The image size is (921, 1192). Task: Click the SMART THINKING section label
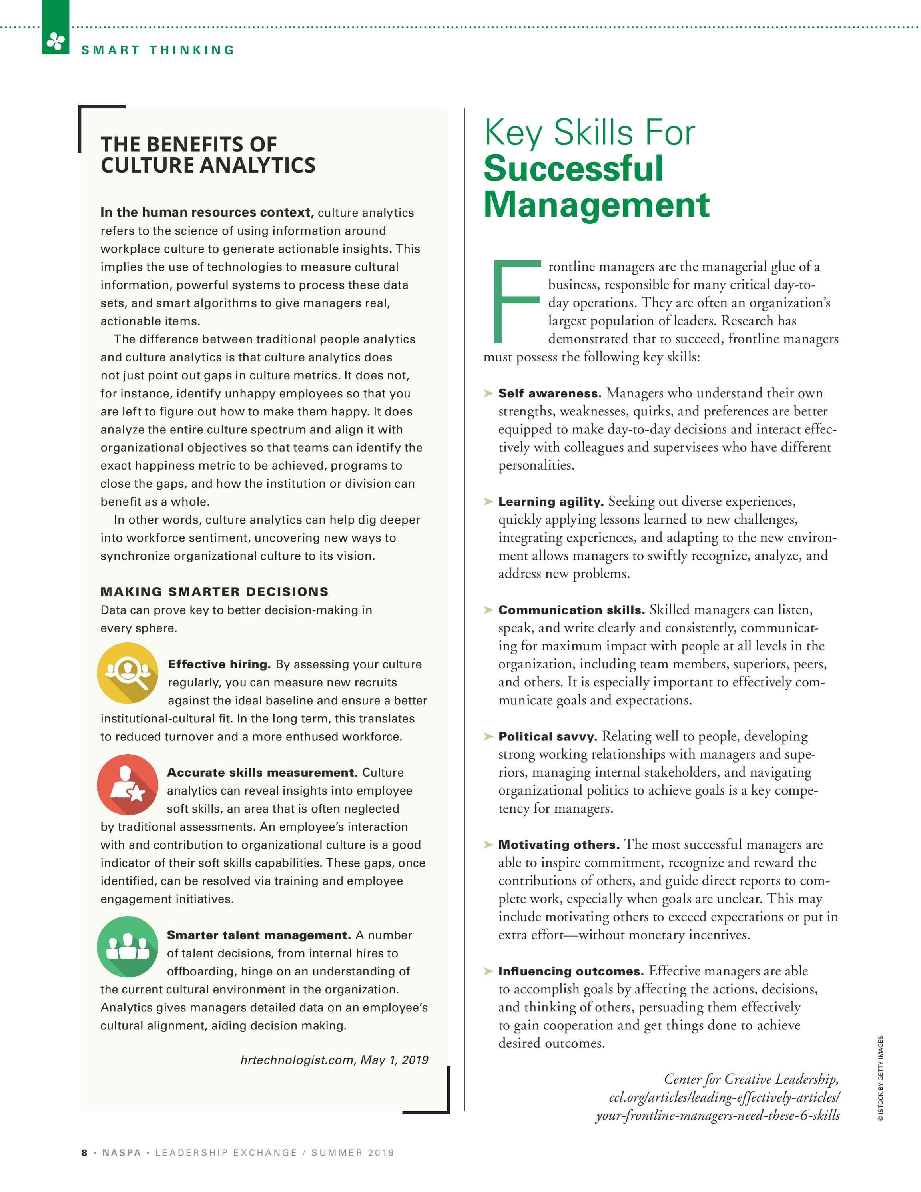158,50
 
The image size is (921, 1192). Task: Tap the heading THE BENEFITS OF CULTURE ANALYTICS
207,155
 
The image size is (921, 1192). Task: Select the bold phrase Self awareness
549,393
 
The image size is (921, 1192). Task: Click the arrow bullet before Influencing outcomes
488,971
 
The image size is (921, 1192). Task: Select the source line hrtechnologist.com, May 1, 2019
334,1060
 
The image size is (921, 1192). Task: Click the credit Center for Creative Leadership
751,1079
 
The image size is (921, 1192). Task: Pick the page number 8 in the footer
84,1153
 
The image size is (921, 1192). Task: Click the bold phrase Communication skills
571,610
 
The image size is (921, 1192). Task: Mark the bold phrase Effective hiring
219,664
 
